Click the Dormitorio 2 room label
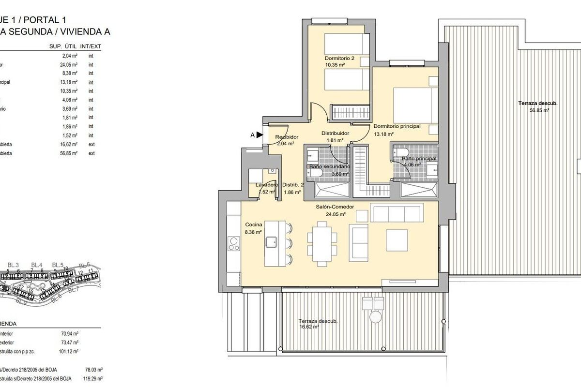pos(339,58)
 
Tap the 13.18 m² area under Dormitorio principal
pos(383,134)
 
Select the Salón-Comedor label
pos(335,207)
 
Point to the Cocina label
pos(254,224)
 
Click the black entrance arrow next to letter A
pos(260,135)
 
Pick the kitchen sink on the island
pos(271,241)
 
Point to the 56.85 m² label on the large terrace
pos(540,110)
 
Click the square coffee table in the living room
pos(397,240)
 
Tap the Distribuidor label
pos(336,134)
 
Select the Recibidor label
pos(287,137)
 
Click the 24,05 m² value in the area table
pos(69,64)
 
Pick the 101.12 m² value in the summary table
pos(69,352)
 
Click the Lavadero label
pos(267,185)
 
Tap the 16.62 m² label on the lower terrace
pos(309,327)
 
